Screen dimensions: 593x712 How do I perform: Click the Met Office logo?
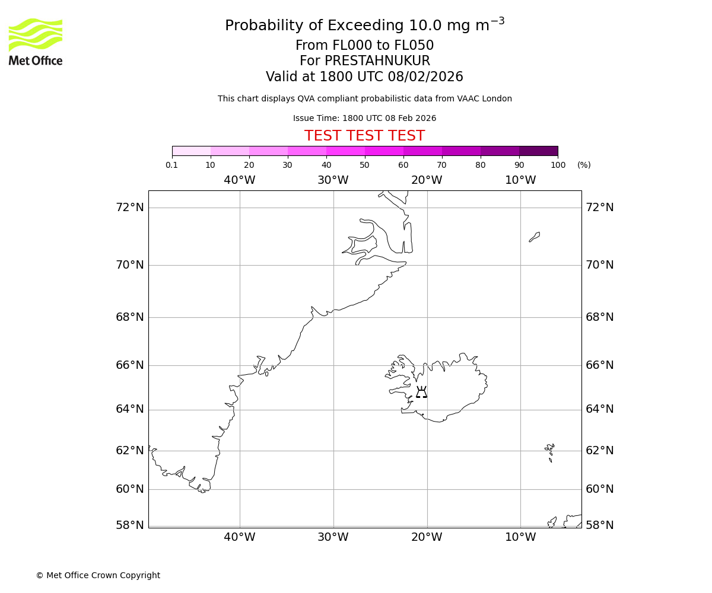pyautogui.click(x=36, y=42)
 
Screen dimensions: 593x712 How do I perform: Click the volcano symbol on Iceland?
pyautogui.click(x=421, y=392)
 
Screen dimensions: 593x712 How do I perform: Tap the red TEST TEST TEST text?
pyautogui.click(x=364, y=136)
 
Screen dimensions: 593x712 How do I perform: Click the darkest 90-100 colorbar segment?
pyautogui.click(x=538, y=151)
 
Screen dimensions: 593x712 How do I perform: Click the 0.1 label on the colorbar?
pyautogui.click(x=172, y=165)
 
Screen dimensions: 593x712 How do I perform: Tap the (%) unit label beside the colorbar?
pyautogui.click(x=584, y=165)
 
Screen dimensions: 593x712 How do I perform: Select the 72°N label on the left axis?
pyautogui.click(x=129, y=208)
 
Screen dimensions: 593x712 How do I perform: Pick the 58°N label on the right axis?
pyautogui.click(x=599, y=525)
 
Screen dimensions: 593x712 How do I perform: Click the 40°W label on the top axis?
pyautogui.click(x=240, y=180)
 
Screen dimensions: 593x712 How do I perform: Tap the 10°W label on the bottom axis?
pyautogui.click(x=520, y=537)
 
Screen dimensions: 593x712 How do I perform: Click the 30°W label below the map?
pyautogui.click(x=333, y=537)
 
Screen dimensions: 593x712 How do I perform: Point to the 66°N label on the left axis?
pyautogui.click(x=129, y=365)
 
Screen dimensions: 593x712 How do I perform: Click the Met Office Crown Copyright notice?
pyautogui.click(x=98, y=575)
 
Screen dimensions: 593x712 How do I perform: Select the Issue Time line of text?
pyautogui.click(x=364, y=118)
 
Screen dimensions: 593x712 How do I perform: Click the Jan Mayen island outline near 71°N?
pyautogui.click(x=535, y=237)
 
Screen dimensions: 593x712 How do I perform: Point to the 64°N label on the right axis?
pyautogui.click(x=599, y=409)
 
